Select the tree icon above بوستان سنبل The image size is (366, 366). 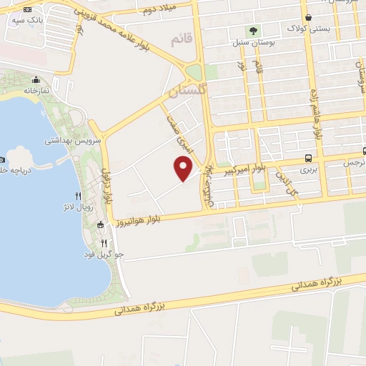[252, 31]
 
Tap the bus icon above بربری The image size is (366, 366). [307, 157]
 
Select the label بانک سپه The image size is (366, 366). [27, 20]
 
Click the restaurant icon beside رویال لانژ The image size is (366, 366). [79, 196]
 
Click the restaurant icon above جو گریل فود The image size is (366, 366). [104, 242]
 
